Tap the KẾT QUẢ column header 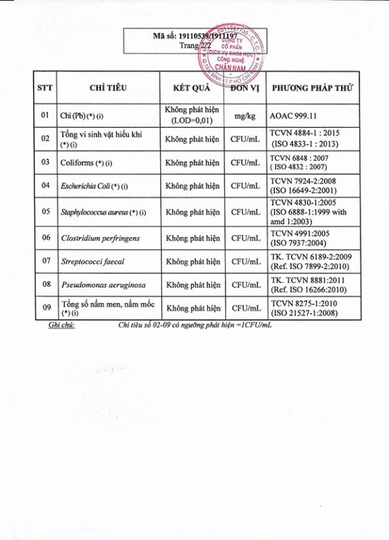click(192, 88)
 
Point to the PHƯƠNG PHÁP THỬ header click(313, 88)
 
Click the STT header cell click(45, 88)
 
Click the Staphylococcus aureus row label click(103, 212)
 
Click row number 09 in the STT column click(45, 308)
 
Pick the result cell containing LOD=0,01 click(192, 115)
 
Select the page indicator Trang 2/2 click(194, 46)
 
